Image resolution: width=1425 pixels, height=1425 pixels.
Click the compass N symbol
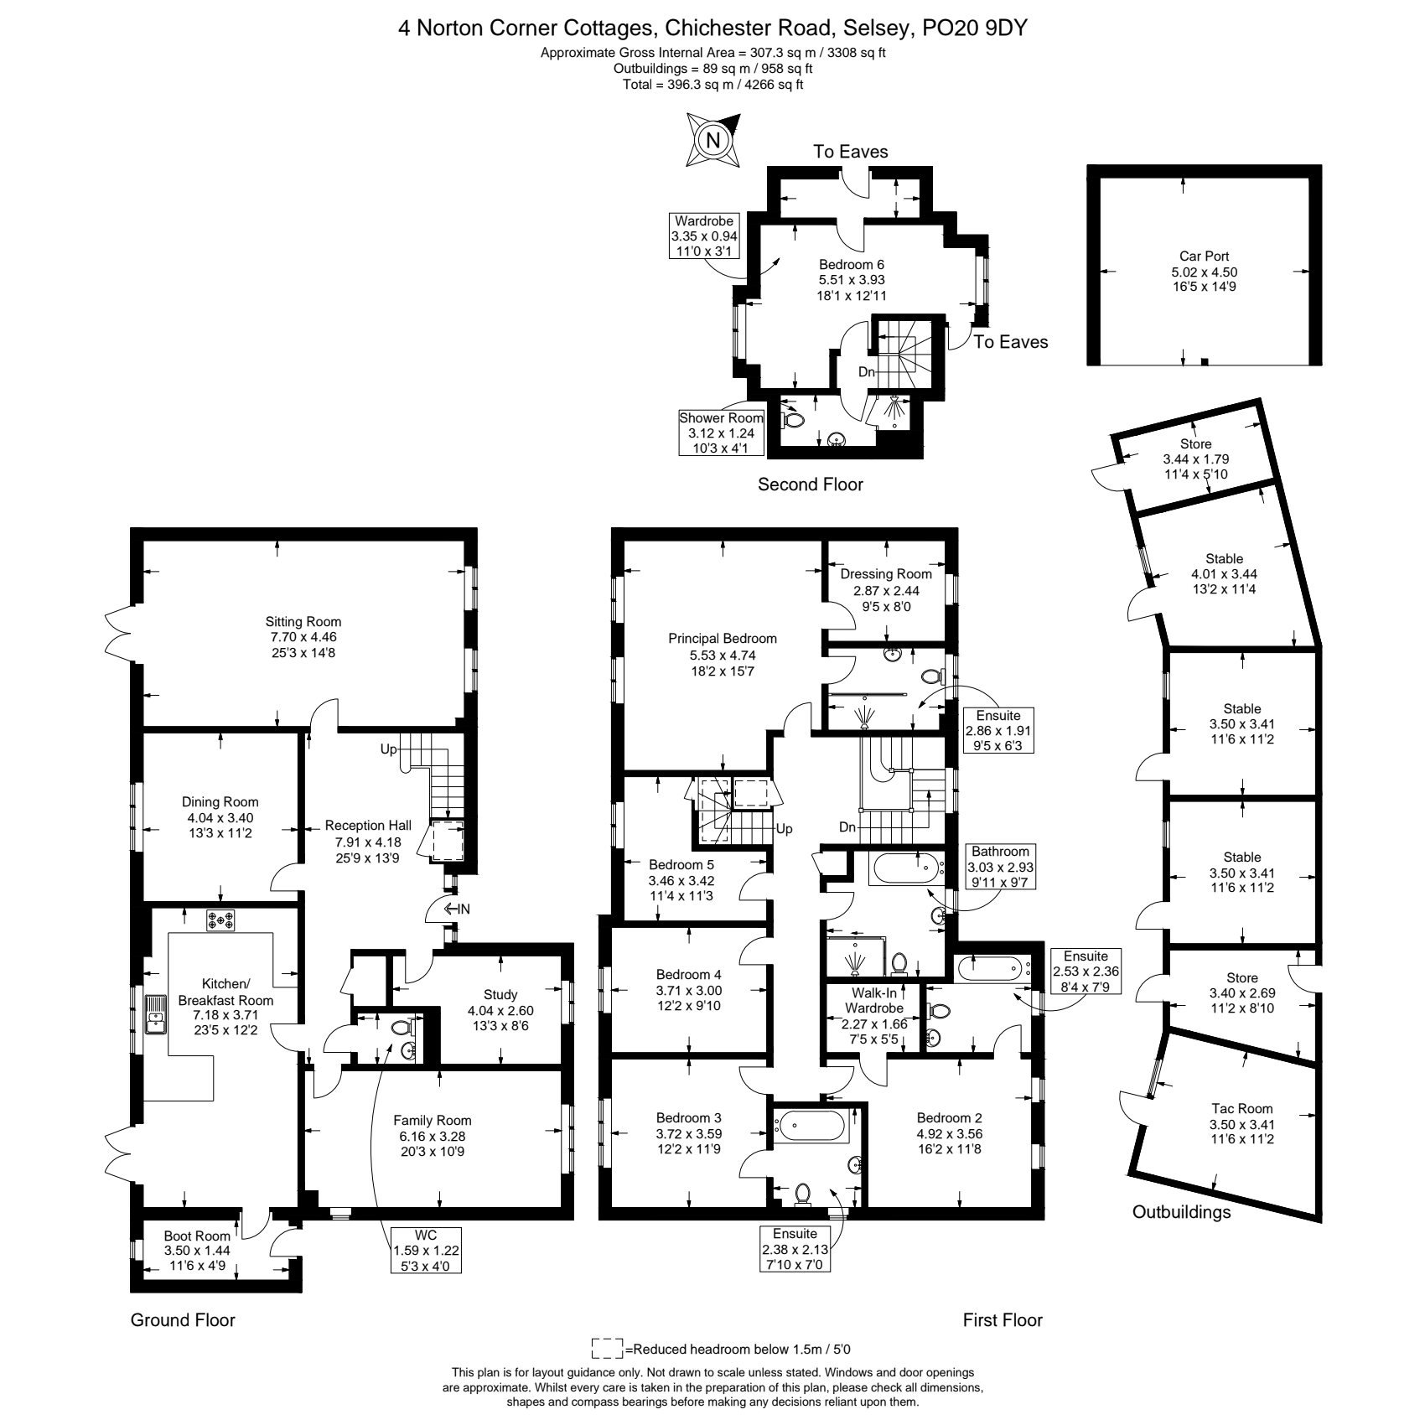[713, 140]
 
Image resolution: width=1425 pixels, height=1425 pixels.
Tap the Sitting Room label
[303, 622]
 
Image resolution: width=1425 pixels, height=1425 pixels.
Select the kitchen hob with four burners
[221, 920]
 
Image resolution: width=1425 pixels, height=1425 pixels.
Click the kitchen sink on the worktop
[156, 1014]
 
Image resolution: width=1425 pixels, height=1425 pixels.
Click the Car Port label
[1204, 256]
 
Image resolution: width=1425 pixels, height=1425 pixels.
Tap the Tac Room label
[1241, 1108]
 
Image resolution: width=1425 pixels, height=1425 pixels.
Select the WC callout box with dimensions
[426, 1251]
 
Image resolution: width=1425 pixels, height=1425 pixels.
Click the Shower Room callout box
[722, 433]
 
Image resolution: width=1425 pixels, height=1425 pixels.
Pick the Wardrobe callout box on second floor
[704, 236]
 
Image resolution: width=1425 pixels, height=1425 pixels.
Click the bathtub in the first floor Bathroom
[906, 868]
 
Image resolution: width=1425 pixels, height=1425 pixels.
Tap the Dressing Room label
[886, 574]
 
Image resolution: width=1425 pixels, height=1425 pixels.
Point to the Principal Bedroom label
[723, 639]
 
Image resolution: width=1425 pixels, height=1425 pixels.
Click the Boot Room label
[197, 1236]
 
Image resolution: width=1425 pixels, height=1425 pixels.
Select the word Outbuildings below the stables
[1181, 1212]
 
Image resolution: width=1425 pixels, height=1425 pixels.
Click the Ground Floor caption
[183, 1320]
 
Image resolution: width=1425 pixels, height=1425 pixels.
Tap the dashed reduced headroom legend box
[608, 1350]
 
